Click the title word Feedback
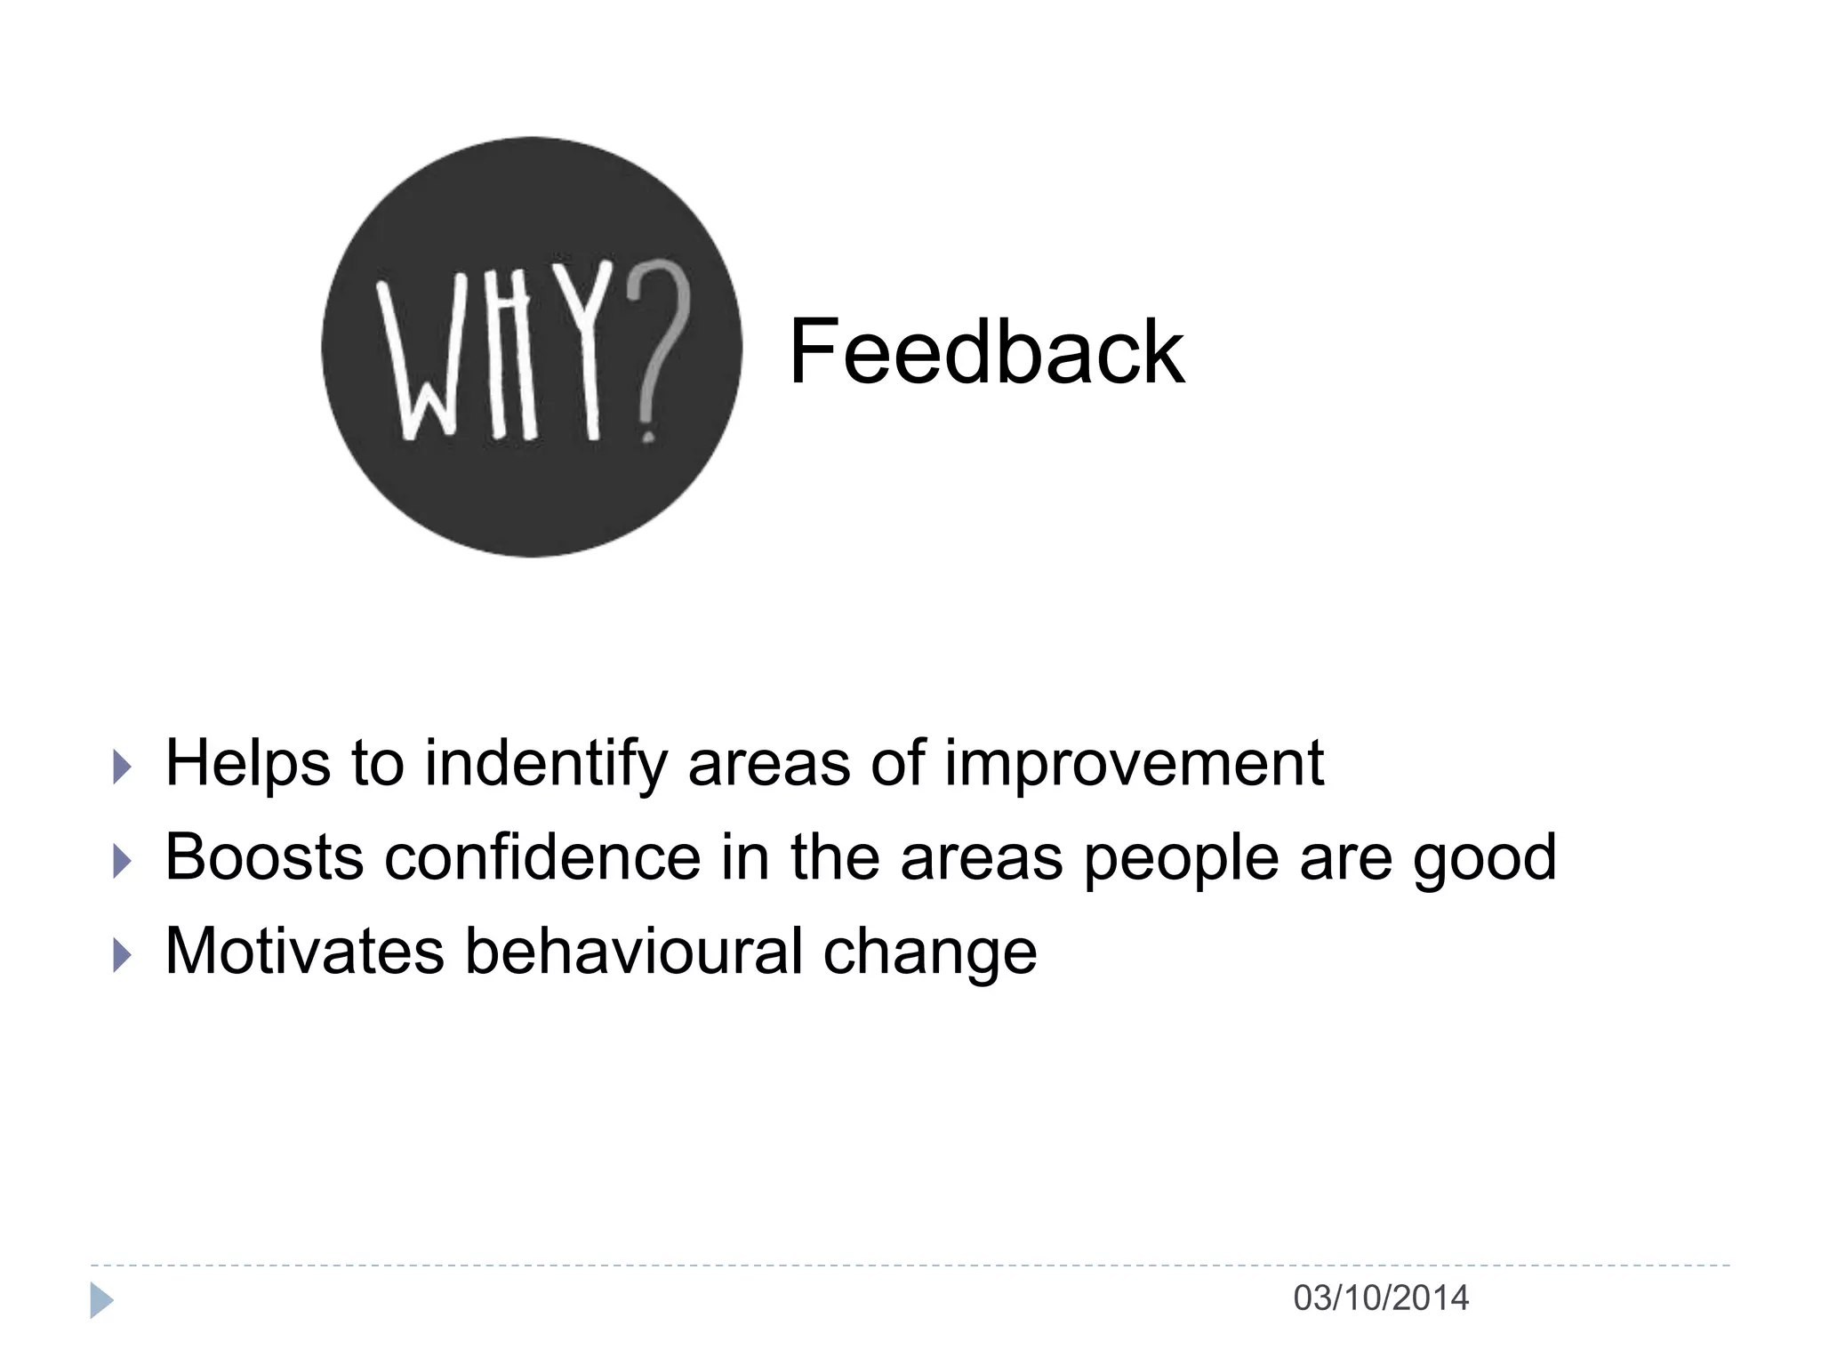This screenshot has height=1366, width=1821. tap(986, 352)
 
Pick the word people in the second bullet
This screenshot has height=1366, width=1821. tap(1181, 859)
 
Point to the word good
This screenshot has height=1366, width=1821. tap(1484, 859)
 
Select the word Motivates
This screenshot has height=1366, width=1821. tap(304, 951)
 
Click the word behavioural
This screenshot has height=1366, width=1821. tap(634, 951)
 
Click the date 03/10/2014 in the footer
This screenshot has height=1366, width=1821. tap(1380, 1298)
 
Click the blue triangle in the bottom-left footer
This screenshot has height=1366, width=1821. tap(100, 1300)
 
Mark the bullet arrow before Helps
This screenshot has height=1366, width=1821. tap(123, 767)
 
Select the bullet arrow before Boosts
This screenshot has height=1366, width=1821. tap(123, 861)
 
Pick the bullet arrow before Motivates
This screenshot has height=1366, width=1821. tap(123, 955)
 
